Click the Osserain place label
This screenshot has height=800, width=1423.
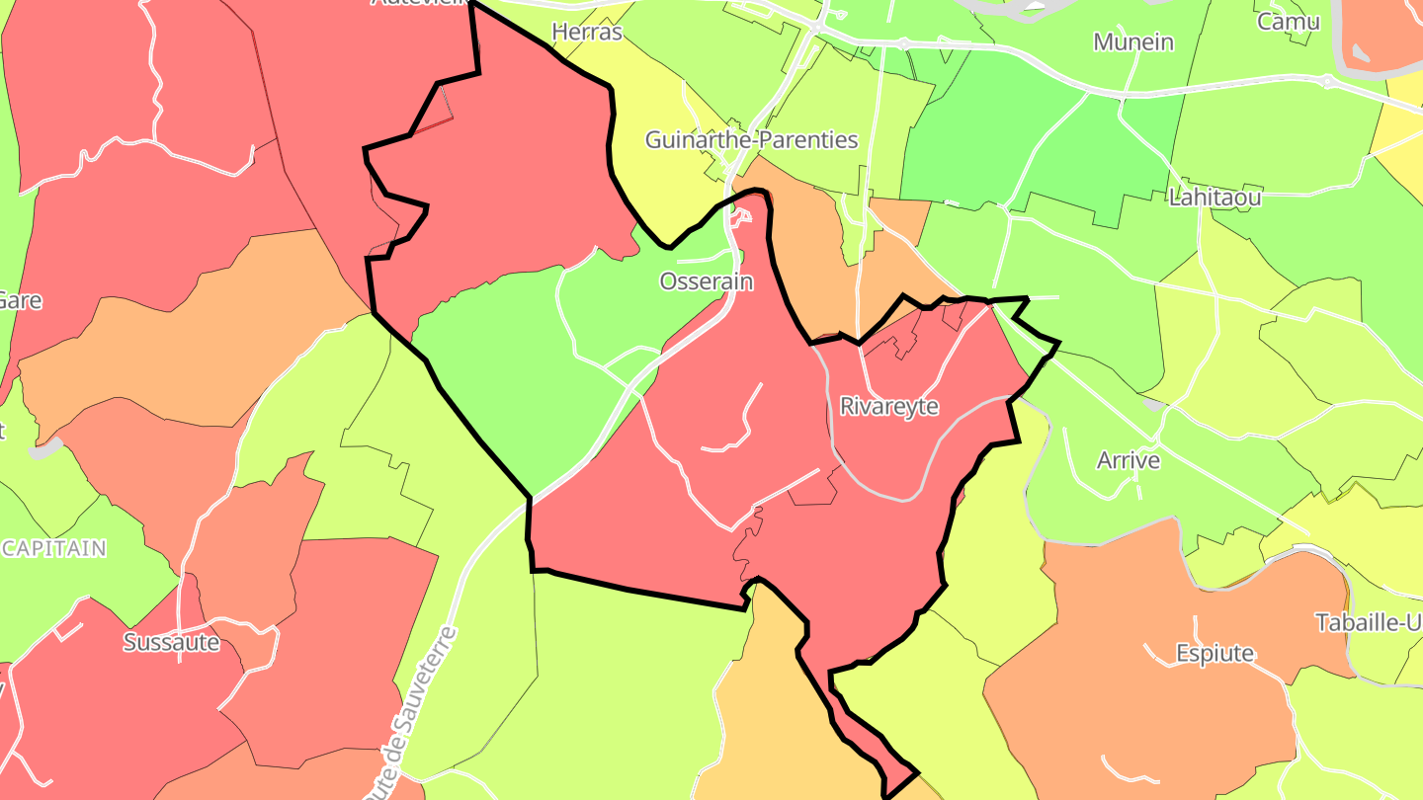tap(706, 282)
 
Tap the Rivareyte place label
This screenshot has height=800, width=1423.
tap(888, 406)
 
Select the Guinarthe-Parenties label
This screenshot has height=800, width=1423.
tap(751, 140)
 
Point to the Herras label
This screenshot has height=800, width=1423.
tap(587, 33)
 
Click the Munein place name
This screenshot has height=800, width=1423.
tap(1133, 42)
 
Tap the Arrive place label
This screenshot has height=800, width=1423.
tap(1128, 460)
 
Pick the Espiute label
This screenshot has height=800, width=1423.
tap(1214, 653)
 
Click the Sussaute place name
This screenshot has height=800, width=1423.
tap(171, 642)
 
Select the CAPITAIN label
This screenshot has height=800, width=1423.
tap(53, 548)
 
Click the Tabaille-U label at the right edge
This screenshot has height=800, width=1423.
tap(1368, 623)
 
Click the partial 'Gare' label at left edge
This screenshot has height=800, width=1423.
tap(20, 300)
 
